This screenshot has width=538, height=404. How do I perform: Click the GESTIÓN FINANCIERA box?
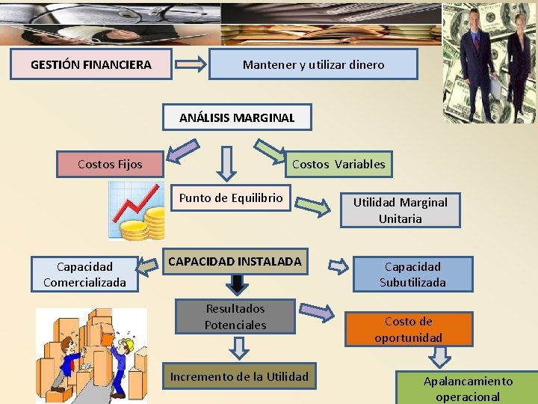(x=91, y=65)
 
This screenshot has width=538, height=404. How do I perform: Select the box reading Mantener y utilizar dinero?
(x=313, y=65)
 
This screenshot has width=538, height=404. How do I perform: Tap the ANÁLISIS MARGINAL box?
(x=237, y=117)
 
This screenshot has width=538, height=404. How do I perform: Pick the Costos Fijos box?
(x=110, y=164)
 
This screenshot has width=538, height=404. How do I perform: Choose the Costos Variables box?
(x=338, y=164)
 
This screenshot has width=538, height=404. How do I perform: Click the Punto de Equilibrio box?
(x=230, y=198)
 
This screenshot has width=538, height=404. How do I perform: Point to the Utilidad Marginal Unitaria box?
(x=400, y=210)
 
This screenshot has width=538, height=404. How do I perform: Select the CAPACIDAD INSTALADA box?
(x=235, y=262)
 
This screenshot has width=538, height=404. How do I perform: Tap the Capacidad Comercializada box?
(x=84, y=275)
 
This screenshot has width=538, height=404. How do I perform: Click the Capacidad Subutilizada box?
(x=412, y=275)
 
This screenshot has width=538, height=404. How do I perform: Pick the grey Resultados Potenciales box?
(x=235, y=316)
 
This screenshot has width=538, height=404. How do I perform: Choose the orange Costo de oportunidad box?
(x=408, y=329)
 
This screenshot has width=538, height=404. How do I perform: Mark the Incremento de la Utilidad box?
(x=239, y=376)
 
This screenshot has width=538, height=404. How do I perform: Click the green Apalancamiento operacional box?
(x=468, y=388)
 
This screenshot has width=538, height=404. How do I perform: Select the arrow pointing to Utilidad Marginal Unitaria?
(x=313, y=206)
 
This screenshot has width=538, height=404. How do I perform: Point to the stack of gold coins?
(x=146, y=224)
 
